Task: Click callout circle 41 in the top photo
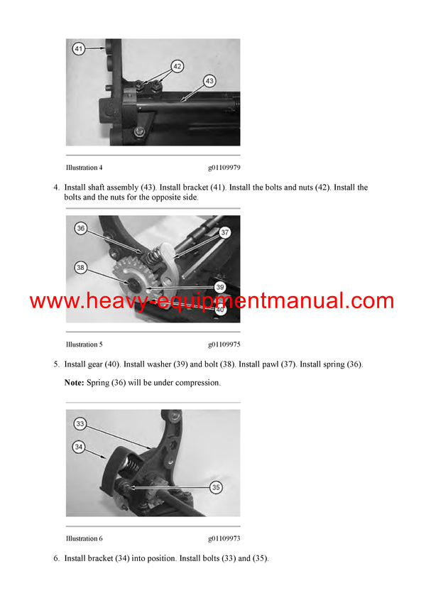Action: pyautogui.click(x=78, y=49)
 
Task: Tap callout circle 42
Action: pyautogui.click(x=177, y=66)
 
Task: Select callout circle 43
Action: pyautogui.click(x=209, y=81)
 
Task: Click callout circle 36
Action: pyautogui.click(x=81, y=228)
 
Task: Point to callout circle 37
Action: pyautogui.click(x=225, y=232)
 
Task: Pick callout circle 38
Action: pyautogui.click(x=81, y=268)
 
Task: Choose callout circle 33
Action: pyautogui.click(x=80, y=423)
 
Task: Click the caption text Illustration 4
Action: pyautogui.click(x=84, y=168)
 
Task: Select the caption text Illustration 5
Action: pyautogui.click(x=84, y=344)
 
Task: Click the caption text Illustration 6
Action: pyautogui.click(x=84, y=538)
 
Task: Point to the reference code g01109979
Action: pyautogui.click(x=224, y=168)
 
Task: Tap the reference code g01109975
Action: pyautogui.click(x=224, y=344)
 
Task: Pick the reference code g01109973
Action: pyautogui.click(x=224, y=538)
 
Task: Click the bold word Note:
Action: pyautogui.click(x=75, y=383)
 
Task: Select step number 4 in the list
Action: pyautogui.click(x=56, y=188)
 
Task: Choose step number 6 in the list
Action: pyautogui.click(x=56, y=558)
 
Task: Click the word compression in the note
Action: pyautogui.click(x=198, y=383)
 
